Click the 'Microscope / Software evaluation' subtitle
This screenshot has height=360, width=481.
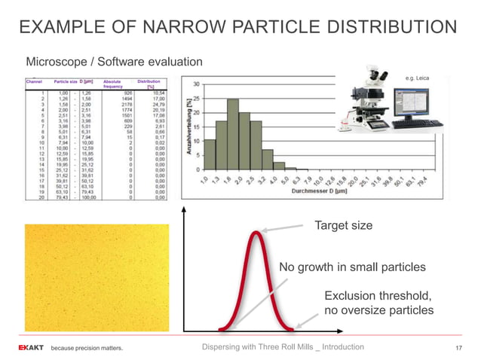click(x=115, y=61)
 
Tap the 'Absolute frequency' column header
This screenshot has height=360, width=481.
click(x=113, y=83)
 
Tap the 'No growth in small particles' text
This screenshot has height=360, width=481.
click(x=352, y=267)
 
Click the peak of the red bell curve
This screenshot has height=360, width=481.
click(x=257, y=233)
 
